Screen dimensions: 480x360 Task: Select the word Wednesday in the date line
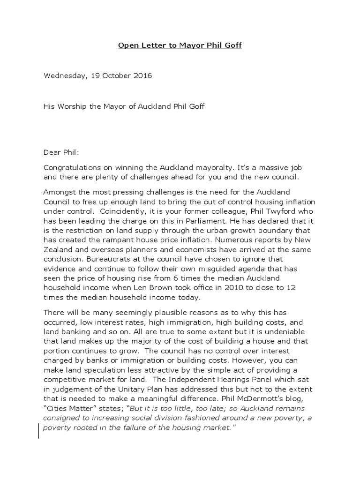tap(63, 75)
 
